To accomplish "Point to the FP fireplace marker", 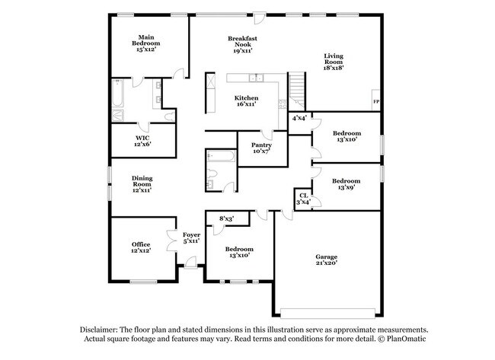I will pos(375,101).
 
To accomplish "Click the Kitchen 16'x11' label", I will pos(245,101).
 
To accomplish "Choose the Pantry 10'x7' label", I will pos(260,147).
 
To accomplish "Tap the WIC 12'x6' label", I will pos(142,141).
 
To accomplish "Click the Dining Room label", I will pos(142,183).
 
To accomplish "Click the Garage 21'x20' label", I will pos(326,260).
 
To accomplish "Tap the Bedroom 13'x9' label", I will pos(346,184).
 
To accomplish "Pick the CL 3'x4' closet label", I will pos(303,199).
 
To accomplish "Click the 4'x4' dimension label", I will pos(300,119).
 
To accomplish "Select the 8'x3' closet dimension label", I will pos(226,220).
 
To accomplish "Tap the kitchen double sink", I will pos(256,78).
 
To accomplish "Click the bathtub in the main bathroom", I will pos(118,94).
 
